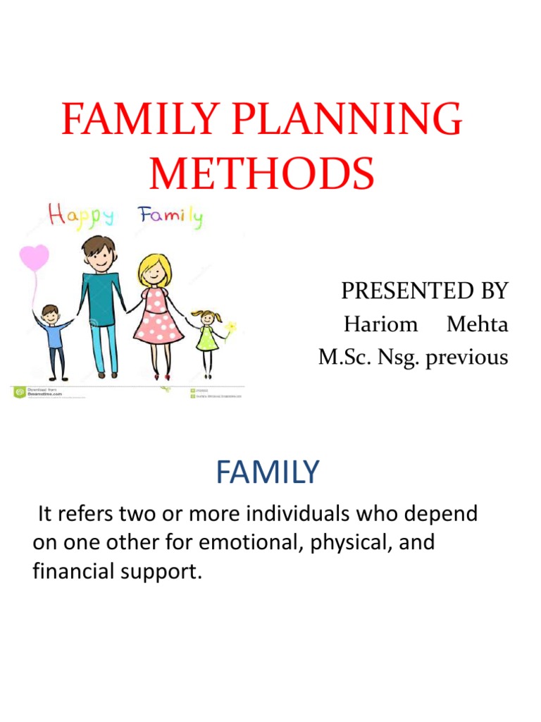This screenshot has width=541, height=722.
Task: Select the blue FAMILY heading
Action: coord(268,472)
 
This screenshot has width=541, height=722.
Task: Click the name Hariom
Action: coord(380,324)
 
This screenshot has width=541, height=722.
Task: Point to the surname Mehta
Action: coord(478,324)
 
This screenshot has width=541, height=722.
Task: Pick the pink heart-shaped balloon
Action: coord(34,258)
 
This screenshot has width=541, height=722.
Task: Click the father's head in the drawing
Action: coord(99,252)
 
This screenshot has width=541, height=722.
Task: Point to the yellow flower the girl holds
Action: coord(230,328)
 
